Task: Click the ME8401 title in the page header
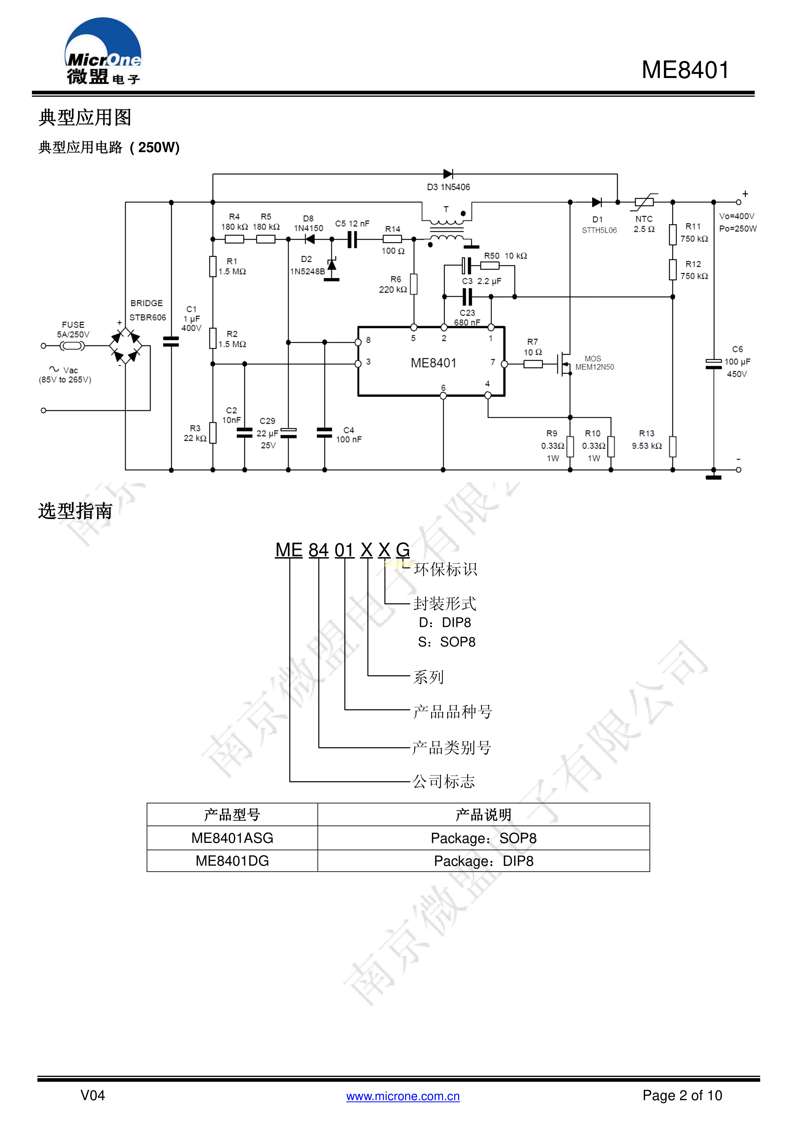point(685,70)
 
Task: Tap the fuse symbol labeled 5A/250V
point(72,346)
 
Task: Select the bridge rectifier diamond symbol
point(126,346)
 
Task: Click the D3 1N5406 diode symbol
point(447,174)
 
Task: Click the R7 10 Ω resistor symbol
point(533,364)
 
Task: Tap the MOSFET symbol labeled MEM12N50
point(565,364)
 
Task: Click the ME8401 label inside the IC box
point(433,363)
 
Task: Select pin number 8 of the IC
point(368,340)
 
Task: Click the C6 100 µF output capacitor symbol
point(713,364)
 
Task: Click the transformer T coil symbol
point(447,230)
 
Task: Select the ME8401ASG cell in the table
point(232,838)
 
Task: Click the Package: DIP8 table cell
point(483,861)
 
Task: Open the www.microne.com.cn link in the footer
point(403,1096)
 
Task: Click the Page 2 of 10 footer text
point(682,1095)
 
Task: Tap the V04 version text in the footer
point(93,1095)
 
